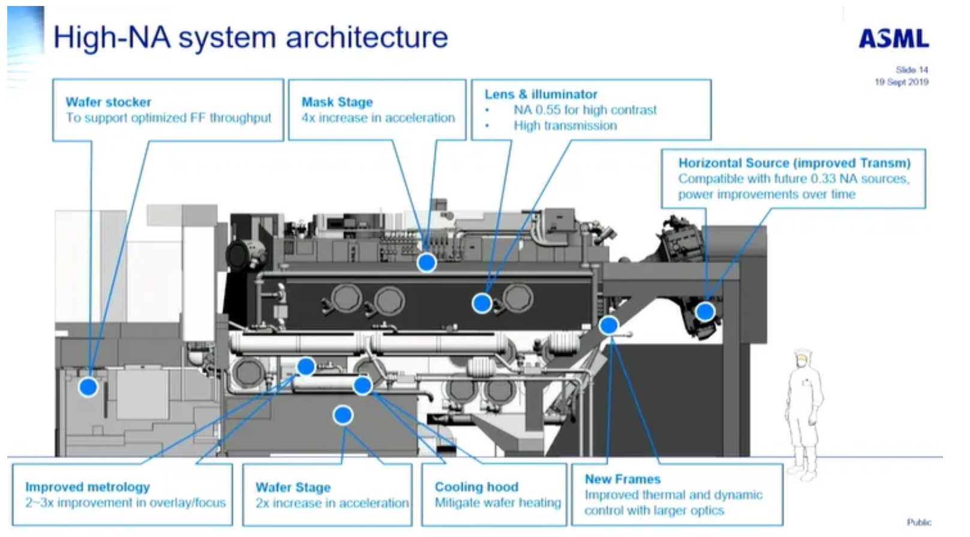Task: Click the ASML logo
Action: coord(894,39)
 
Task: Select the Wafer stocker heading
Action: coord(109,102)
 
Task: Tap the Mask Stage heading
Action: coord(337,102)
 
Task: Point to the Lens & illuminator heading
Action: coord(541,94)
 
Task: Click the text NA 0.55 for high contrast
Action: coord(585,110)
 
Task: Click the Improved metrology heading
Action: coord(88,487)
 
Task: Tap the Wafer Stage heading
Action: coord(293,487)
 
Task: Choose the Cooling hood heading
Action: coord(476,487)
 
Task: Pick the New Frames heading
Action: coord(623,479)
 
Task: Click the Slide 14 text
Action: coord(912,70)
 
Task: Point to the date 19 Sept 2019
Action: coord(902,82)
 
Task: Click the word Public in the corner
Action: coord(918,522)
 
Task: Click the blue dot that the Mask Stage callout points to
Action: coord(427,263)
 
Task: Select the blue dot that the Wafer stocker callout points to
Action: coord(88,387)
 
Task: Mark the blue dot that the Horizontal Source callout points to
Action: coord(705,311)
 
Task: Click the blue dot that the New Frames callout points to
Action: coord(609,325)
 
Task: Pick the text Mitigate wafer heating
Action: coord(498,502)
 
